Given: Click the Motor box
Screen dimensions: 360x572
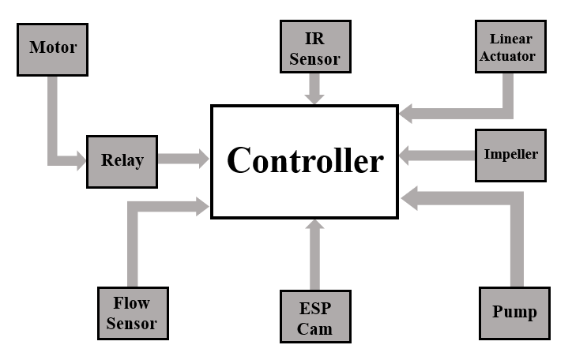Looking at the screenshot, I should point(53,47).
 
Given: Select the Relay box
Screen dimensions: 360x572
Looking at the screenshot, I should point(122,161).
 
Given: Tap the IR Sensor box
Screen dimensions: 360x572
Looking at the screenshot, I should point(314,47).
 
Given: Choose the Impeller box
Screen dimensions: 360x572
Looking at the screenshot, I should point(510,154).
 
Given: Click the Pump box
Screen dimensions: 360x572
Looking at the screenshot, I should point(514,312).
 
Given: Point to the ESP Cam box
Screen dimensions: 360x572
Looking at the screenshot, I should point(314,317).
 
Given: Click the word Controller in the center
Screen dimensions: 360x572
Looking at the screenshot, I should point(305,161).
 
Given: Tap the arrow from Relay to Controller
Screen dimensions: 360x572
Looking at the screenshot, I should point(183,159).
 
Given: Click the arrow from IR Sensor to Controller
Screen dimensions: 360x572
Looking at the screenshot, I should point(314,88).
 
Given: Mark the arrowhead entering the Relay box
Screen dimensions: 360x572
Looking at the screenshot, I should point(80,161).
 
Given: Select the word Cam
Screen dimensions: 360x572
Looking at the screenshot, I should point(314,328).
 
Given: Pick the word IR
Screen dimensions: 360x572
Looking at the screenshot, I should point(314,38).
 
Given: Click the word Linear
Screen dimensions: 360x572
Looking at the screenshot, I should point(511,39).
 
